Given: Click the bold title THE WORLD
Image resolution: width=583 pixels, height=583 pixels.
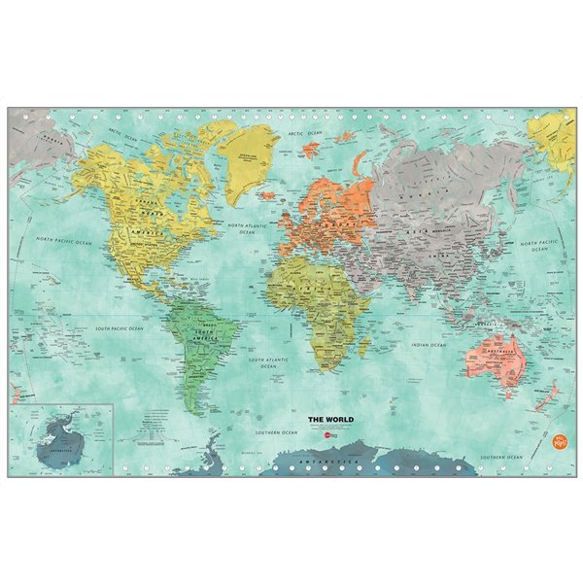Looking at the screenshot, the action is coord(330,420).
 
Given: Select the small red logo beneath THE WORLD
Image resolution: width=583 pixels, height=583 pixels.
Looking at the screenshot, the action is coord(331,439).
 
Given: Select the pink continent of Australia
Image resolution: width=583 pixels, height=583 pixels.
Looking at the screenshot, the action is coord(495,357).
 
